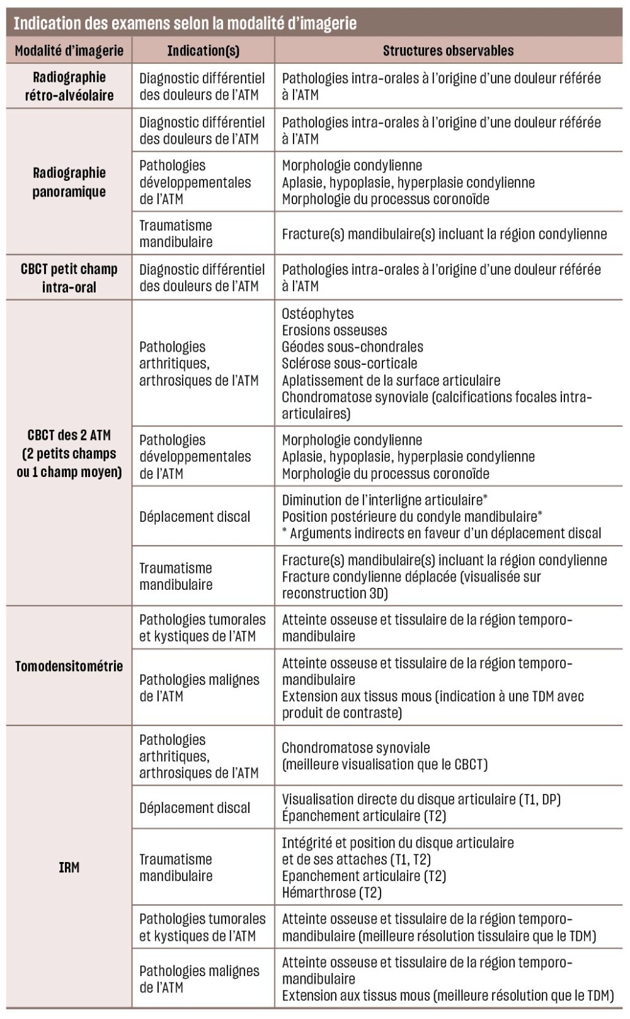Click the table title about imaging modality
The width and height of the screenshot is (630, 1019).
point(185,24)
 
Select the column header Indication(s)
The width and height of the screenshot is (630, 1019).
point(203,51)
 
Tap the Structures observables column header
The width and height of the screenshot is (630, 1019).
point(448,51)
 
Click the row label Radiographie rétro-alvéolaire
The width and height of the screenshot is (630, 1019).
point(69,86)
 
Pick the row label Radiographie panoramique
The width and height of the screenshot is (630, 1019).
point(69,182)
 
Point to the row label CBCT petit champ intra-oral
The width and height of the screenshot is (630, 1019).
point(69,278)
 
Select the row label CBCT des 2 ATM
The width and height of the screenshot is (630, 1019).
point(69,453)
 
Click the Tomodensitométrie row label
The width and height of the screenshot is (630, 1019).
point(69,666)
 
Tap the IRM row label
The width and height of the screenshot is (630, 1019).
point(69,867)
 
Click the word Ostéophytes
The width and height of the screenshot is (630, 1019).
point(318,314)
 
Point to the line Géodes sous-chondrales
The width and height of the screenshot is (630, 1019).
point(352,347)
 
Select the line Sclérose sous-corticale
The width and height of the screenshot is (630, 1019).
point(349,364)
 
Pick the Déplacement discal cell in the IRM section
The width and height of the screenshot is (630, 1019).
point(195,808)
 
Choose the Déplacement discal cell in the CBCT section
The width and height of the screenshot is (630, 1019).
point(195,517)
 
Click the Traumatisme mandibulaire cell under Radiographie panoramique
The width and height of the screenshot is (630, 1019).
point(176,234)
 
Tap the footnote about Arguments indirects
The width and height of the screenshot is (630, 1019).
point(442,533)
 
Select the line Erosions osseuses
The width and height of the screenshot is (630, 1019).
point(334,330)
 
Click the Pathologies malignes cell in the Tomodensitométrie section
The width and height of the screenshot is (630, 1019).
point(199,688)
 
